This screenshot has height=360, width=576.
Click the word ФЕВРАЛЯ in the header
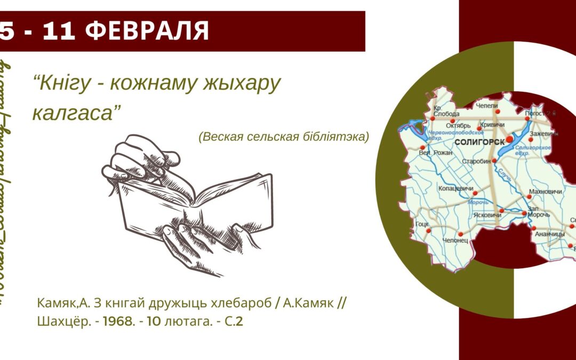147,31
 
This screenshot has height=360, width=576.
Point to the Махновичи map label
545,191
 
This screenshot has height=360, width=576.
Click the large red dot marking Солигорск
509,139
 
